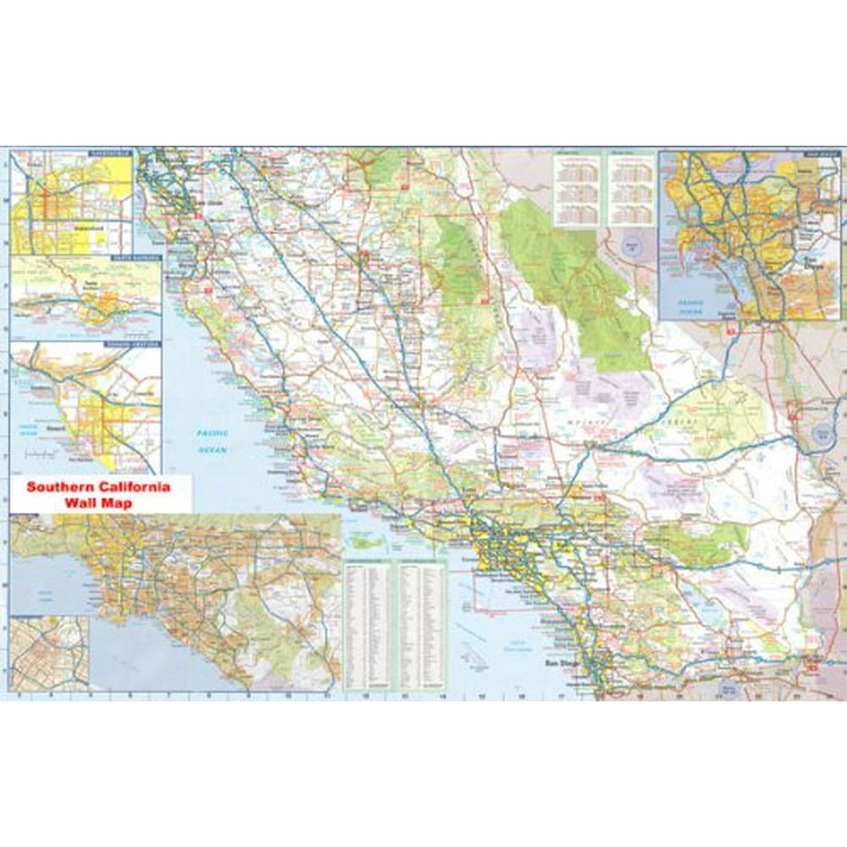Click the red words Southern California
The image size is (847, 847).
tap(98, 487)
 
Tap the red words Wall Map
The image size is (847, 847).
tap(98, 501)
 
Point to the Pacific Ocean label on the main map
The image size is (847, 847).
tap(213, 441)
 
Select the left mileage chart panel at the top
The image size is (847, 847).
tap(576, 190)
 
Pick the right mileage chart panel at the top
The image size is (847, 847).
tap(632, 190)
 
